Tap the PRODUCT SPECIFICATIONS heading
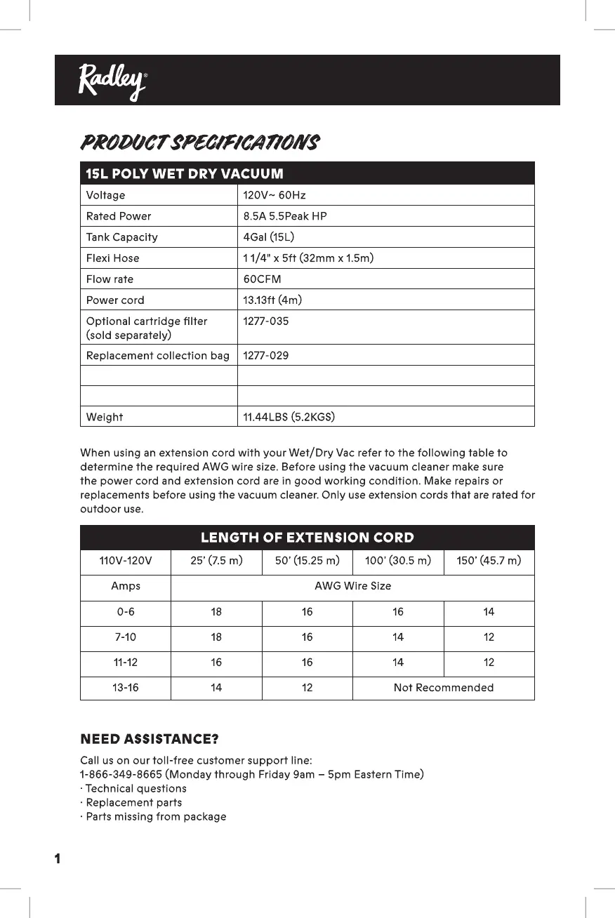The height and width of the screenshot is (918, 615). [200, 142]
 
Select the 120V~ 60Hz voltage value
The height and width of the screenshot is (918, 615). [274, 195]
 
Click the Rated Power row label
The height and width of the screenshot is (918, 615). [118, 216]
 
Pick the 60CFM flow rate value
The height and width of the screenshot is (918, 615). [262, 279]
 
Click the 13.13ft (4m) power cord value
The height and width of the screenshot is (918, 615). [273, 300]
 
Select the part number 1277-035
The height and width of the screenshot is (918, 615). [265, 321]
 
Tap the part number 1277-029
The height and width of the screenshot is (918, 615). [265, 356]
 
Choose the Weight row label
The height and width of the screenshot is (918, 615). [104, 418]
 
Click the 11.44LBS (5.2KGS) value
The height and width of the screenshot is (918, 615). [289, 418]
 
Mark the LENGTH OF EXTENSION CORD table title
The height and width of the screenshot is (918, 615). [307, 538]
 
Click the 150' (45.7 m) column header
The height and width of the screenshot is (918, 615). [489, 561]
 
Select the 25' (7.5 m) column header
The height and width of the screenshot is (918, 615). [216, 561]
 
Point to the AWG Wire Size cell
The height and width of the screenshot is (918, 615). [352, 586]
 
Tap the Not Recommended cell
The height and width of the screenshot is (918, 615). [443, 688]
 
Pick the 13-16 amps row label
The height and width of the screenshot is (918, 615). [126, 688]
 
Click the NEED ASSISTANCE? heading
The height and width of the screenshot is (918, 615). [150, 739]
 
